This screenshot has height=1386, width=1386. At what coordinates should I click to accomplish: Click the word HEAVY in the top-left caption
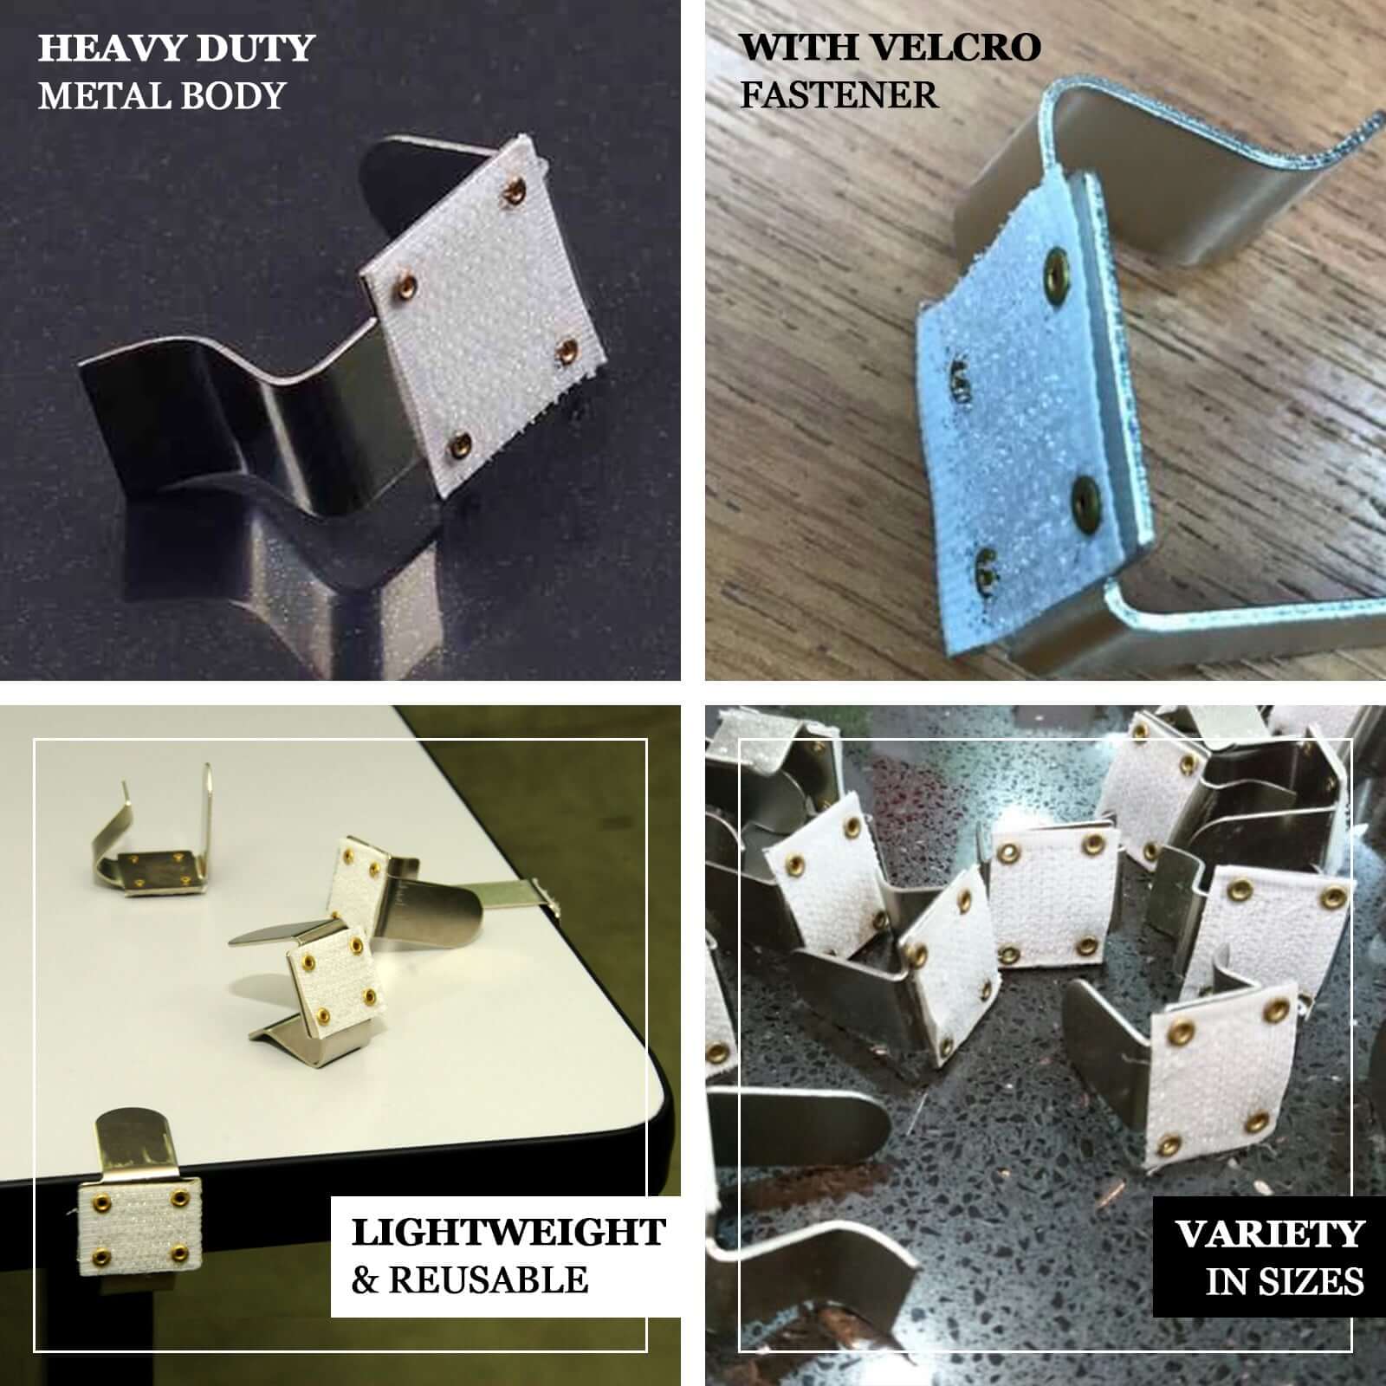coord(104,49)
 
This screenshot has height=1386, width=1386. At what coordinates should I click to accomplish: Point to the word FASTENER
coord(839,94)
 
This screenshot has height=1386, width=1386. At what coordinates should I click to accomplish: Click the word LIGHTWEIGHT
coord(508,1232)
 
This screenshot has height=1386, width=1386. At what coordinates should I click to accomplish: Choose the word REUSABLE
coord(489,1279)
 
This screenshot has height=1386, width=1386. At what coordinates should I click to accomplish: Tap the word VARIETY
coord(1270,1234)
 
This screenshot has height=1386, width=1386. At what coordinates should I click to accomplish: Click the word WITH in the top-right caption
coord(799,49)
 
